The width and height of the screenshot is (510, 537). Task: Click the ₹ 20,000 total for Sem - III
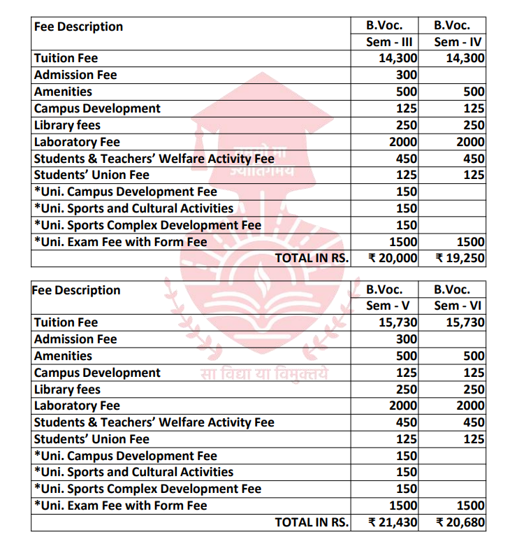(393, 258)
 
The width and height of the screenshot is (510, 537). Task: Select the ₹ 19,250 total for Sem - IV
(460, 258)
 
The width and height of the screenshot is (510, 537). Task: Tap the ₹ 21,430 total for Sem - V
(393, 522)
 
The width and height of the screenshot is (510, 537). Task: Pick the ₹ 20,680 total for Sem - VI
(460, 522)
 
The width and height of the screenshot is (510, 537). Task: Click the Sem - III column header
(390, 42)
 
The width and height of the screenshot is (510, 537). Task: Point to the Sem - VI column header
(458, 306)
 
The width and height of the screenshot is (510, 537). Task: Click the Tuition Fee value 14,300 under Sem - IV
(465, 59)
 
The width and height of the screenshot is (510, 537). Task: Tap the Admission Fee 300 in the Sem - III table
(407, 75)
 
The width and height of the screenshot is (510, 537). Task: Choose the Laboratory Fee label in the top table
(77, 142)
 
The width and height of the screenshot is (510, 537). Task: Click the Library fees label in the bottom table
(67, 389)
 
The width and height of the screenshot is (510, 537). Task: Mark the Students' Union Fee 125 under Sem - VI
(474, 439)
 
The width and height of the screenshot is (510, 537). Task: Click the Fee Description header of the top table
(78, 27)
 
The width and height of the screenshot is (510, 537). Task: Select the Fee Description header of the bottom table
(76, 290)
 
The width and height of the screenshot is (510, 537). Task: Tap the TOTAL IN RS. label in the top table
(311, 258)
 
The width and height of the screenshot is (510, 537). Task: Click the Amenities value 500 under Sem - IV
(474, 92)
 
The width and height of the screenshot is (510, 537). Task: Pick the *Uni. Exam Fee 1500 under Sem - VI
(470, 505)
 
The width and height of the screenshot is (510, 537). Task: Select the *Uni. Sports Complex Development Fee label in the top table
(147, 224)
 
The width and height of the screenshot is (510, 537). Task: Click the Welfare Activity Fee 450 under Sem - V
(406, 422)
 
